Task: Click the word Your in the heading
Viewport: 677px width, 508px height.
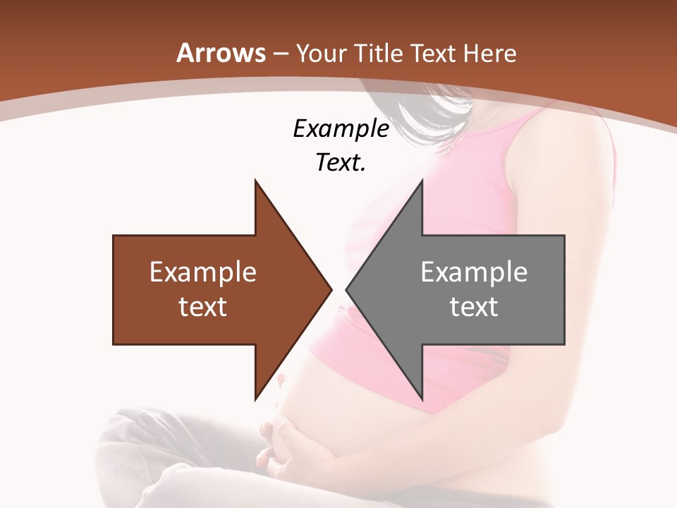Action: pyautogui.click(x=322, y=53)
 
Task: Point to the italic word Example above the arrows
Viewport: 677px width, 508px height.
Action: pyautogui.click(x=341, y=129)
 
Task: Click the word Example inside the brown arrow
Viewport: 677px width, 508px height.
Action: pyautogui.click(x=203, y=272)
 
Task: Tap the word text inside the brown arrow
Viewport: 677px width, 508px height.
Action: pyautogui.click(x=203, y=306)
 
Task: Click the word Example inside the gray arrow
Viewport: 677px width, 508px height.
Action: pyautogui.click(x=474, y=272)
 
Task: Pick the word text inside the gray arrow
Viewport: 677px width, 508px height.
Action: pyautogui.click(x=474, y=306)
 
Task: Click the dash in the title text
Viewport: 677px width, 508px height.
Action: pyautogui.click(x=281, y=54)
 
